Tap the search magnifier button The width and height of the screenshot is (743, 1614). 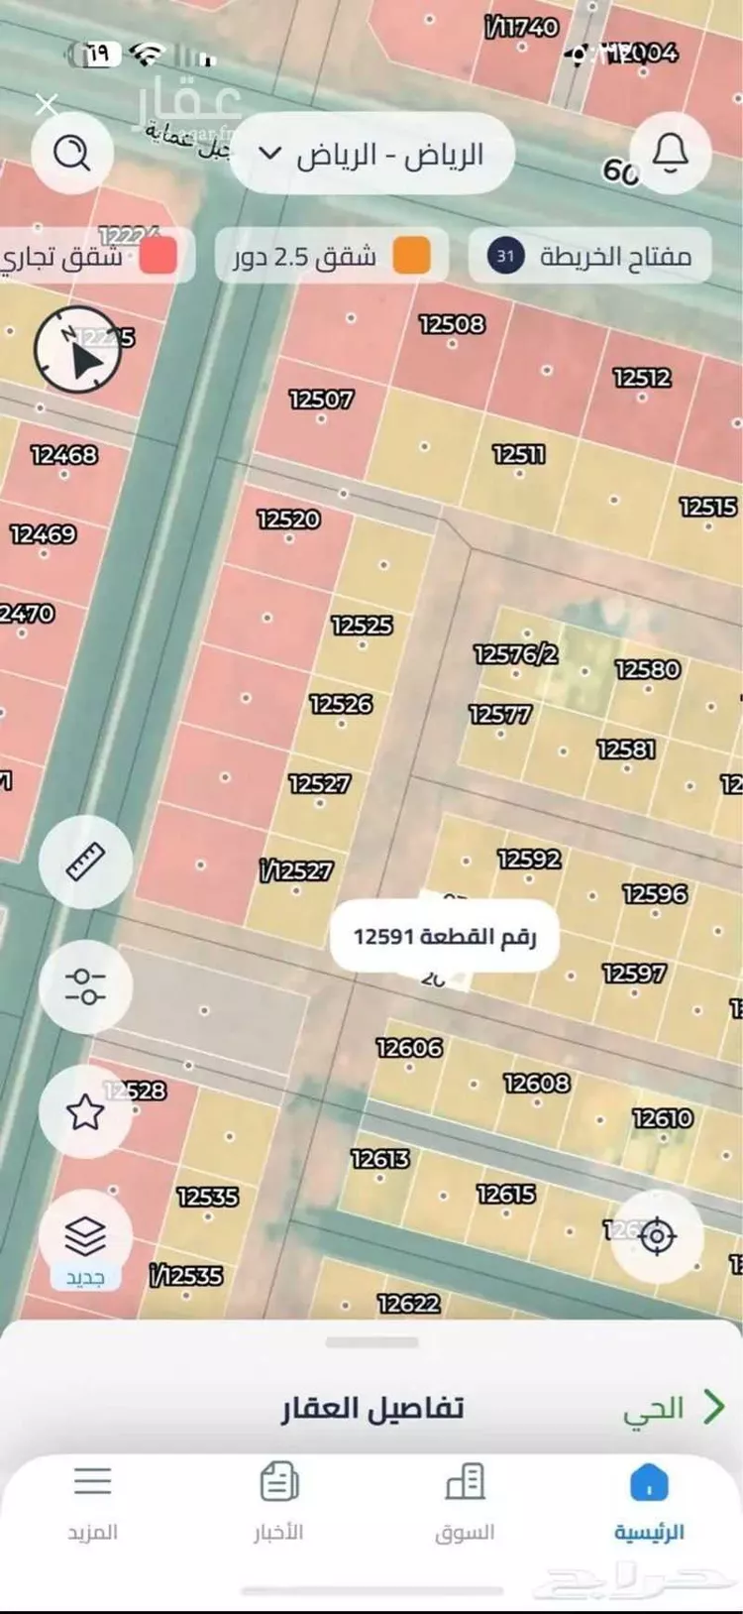pyautogui.click(x=71, y=153)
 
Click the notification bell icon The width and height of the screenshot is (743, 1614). pyautogui.click(x=670, y=153)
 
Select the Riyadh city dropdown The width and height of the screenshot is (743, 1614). pyautogui.click(x=371, y=155)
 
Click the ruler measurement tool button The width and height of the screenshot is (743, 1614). pyautogui.click(x=85, y=862)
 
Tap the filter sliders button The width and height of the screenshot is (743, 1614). pyautogui.click(x=85, y=986)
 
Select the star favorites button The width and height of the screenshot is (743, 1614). pyautogui.click(x=85, y=1112)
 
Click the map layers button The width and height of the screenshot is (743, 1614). pyautogui.click(x=85, y=1236)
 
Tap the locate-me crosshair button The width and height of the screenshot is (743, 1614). pyautogui.click(x=656, y=1236)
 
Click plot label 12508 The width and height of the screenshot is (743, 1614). pyautogui.click(x=452, y=324)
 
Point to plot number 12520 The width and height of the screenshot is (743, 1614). pyautogui.click(x=288, y=519)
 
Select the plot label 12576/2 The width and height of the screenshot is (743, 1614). pyautogui.click(x=515, y=654)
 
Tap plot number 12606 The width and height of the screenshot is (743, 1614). pyautogui.click(x=409, y=1048)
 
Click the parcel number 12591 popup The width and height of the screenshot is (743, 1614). pyautogui.click(x=445, y=936)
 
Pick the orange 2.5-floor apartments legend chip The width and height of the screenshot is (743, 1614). pyautogui.click(x=331, y=257)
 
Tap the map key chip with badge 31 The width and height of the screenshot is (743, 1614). pyautogui.click(x=590, y=257)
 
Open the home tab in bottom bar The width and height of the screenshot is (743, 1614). pyautogui.click(x=649, y=1502)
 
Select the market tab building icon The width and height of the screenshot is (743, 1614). pyautogui.click(x=465, y=1483)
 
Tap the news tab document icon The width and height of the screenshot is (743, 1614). pyautogui.click(x=278, y=1483)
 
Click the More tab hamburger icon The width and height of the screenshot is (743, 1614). pyautogui.click(x=92, y=1483)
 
